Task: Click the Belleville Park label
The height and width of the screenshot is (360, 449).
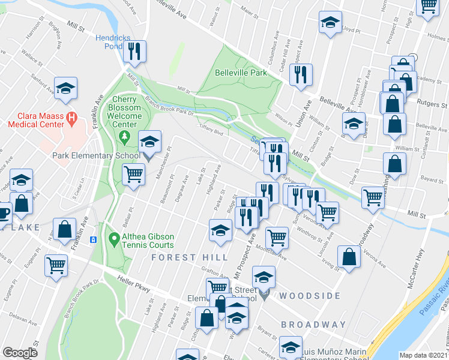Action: point(241,73)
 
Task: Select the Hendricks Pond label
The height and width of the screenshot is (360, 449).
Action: point(113,41)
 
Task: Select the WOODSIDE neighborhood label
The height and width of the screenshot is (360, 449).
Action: point(309,296)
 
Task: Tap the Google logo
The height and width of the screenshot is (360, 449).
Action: point(20,353)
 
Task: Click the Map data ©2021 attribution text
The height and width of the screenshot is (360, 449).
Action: point(424,355)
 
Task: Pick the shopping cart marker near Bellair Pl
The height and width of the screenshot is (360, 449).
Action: point(133,175)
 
